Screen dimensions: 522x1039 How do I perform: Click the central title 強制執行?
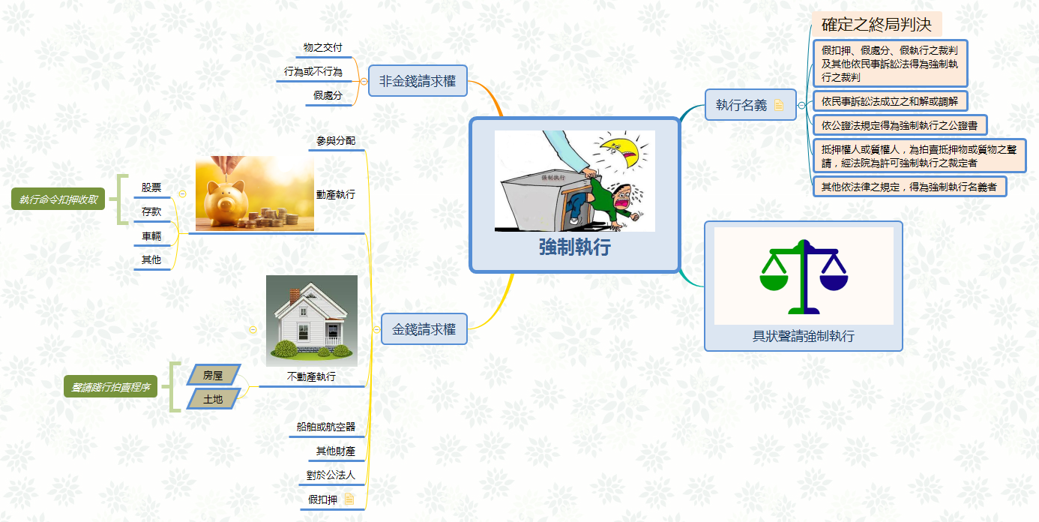point(574,247)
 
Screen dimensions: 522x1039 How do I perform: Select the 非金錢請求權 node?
point(418,81)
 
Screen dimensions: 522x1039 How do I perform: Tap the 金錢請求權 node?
point(424,328)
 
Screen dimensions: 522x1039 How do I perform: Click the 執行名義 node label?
point(741,105)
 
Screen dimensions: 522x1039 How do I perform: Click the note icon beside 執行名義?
point(779,105)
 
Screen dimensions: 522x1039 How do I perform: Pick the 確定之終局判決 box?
point(876,25)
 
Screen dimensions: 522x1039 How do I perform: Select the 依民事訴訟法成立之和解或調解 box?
point(890,100)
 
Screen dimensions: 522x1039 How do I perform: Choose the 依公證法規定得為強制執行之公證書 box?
point(900,124)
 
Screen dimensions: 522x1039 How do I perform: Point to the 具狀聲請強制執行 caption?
point(803,336)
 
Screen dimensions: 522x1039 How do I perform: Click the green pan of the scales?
point(774,280)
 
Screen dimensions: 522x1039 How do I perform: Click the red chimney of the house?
point(295,295)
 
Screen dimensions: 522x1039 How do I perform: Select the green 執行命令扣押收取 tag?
point(58,199)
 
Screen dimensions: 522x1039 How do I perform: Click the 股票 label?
point(151,187)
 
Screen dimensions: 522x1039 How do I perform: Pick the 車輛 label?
point(151,235)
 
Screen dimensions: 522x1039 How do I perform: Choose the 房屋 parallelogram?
point(213,374)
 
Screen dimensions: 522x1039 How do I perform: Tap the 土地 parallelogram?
point(213,399)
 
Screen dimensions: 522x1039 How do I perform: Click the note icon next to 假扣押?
point(349,499)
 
